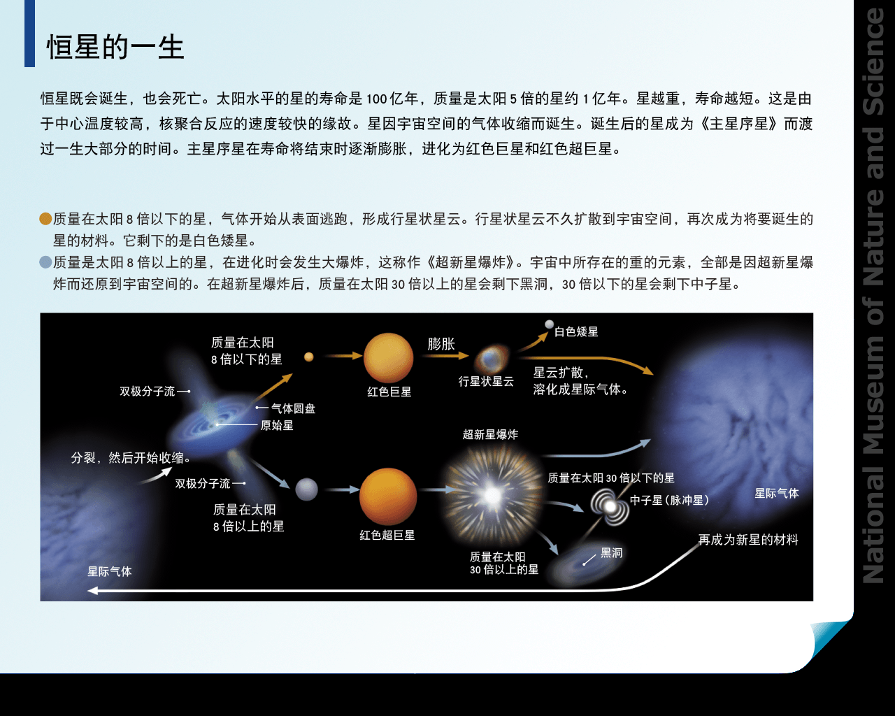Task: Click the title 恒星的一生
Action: coord(115,47)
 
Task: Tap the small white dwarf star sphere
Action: coord(550,324)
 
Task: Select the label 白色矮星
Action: coord(576,331)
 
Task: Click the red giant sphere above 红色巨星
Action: coord(388,358)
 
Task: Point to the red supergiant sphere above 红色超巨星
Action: coord(388,496)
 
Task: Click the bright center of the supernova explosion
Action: coord(492,495)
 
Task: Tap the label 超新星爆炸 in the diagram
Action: coord(490,434)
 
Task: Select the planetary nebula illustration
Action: coord(492,359)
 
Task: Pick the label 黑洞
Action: coord(611,553)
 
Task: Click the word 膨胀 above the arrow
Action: coord(441,344)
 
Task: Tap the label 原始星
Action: coord(277,425)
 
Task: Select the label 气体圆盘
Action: coord(293,408)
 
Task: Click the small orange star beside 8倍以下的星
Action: coord(308,357)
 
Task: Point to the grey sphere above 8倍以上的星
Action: coord(306,489)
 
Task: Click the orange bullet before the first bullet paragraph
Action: coord(45,218)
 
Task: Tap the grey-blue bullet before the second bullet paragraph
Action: coord(45,262)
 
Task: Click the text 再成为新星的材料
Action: coord(748,540)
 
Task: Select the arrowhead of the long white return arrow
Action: coord(92,590)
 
